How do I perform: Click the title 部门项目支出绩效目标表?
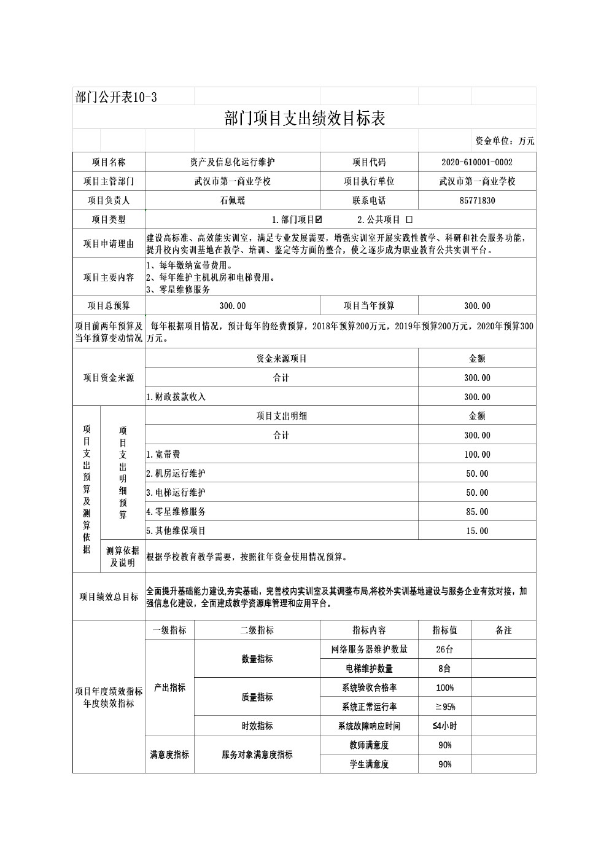pos(304,119)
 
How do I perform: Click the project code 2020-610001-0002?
pos(476,162)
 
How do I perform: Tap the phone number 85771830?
pos(476,200)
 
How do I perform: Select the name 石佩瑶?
pos(232,200)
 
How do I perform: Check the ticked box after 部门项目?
pos(318,219)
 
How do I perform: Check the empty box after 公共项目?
pos(409,219)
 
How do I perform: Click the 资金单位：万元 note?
pos(505,141)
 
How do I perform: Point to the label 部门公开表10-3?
pos(116,97)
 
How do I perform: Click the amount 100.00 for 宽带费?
pos(477,455)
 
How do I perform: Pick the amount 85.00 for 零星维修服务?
pos(477,512)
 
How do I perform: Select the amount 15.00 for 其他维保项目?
pos(477,531)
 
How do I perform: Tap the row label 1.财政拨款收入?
pos(176,397)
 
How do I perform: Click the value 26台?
pos(444,649)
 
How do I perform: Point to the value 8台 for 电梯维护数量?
pos(444,668)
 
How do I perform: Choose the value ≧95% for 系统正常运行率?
pos(444,707)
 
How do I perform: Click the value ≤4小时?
pos(444,726)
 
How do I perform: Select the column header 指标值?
pos(444,630)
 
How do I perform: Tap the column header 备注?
pos(503,630)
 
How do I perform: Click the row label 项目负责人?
pos(109,200)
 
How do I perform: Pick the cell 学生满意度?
pos(369,764)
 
